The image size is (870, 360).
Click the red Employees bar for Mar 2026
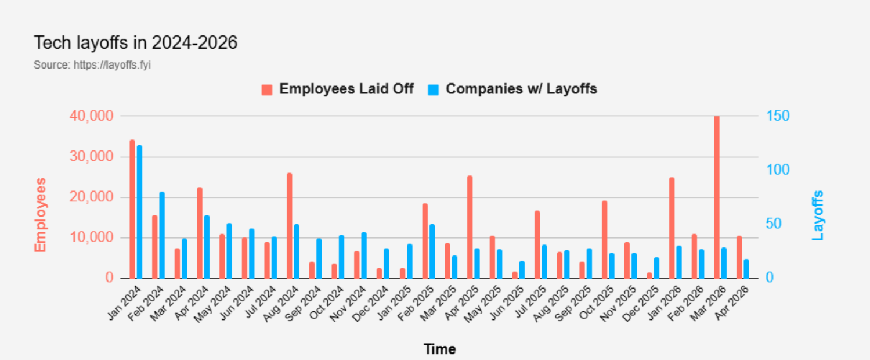[x=717, y=197]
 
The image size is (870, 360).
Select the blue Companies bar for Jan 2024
[x=139, y=212]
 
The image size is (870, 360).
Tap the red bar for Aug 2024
[x=290, y=226]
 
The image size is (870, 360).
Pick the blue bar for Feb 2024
[x=162, y=235]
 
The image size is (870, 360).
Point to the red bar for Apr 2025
[x=470, y=227]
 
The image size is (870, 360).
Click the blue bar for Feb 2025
[x=432, y=251]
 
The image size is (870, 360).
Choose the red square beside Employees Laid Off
[x=267, y=89]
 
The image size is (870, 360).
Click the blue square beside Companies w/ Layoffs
[x=434, y=89]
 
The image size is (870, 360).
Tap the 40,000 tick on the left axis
[x=92, y=116]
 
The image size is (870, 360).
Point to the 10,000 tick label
[x=92, y=238]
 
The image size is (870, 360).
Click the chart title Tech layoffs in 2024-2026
[x=135, y=43]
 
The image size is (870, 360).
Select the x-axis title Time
[x=439, y=350]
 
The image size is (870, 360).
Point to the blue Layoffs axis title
[x=818, y=215]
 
